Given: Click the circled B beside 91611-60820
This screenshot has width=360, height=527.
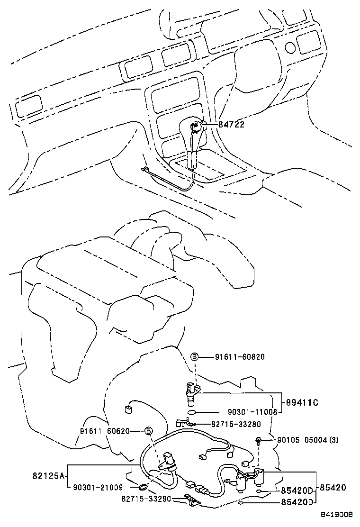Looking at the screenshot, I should click(x=194, y=357).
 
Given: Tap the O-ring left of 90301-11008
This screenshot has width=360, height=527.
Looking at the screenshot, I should click(x=191, y=412).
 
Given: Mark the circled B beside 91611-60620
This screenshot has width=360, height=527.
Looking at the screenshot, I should click(x=148, y=431).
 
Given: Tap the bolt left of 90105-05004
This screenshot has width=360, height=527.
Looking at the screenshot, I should click(x=259, y=441).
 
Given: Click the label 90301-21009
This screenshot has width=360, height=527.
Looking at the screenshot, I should click(x=98, y=487).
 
